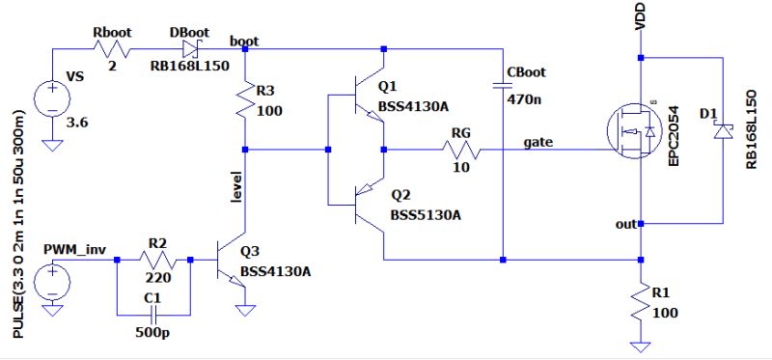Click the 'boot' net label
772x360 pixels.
(243, 42)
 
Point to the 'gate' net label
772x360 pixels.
(538, 143)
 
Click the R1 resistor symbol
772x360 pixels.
(640, 301)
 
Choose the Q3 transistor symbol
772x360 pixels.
(234, 261)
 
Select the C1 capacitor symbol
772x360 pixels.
(152, 314)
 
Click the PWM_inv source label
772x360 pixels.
(72, 249)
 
